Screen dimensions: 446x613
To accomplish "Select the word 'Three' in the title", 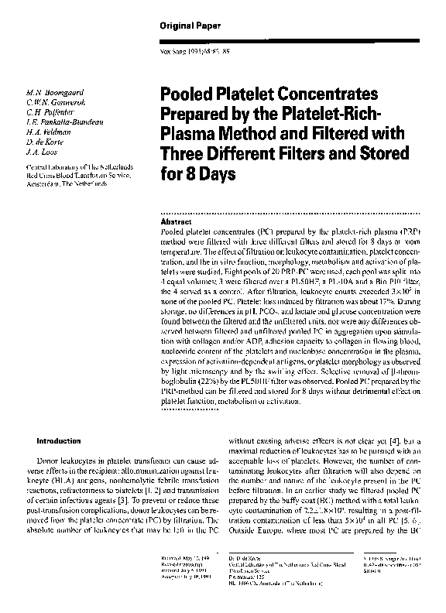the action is (180, 156).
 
